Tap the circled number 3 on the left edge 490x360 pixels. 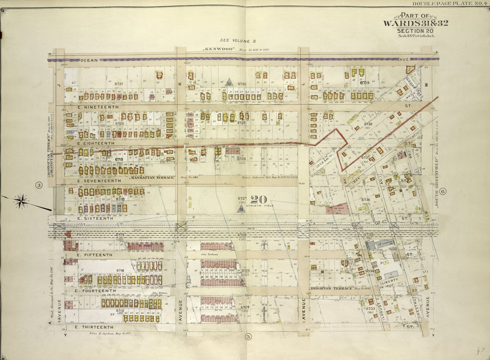tap(39, 185)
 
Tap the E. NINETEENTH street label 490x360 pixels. tap(98, 108)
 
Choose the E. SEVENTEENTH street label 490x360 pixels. tap(99, 181)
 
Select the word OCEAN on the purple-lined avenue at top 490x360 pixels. tap(89, 60)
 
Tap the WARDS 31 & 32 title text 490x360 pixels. tap(415, 23)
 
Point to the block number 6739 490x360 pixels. tap(365, 83)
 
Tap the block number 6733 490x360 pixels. tap(370, 308)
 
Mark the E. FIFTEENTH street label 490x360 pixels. tap(94, 255)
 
